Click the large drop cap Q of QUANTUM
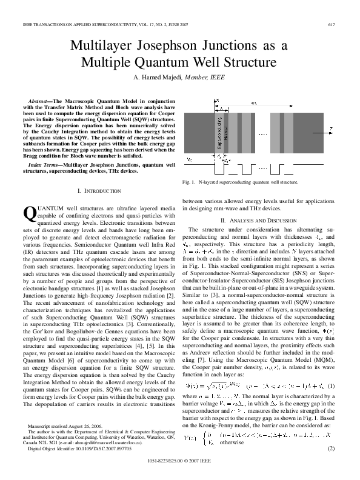[28, 212]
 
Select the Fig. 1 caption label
[188, 181]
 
